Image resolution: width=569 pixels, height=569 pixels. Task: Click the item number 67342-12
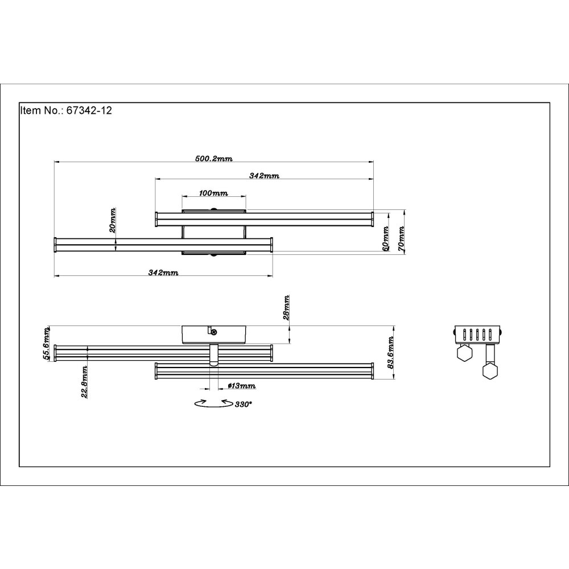click(89, 110)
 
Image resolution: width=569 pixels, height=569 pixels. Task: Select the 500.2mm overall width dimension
click(214, 158)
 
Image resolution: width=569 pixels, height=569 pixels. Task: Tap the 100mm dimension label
click(213, 193)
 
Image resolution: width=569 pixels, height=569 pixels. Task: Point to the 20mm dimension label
click(113, 220)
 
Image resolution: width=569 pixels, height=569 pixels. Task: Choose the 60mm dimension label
click(385, 238)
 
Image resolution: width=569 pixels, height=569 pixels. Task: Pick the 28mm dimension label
click(286, 308)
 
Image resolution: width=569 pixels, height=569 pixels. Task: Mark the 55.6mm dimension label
click(47, 343)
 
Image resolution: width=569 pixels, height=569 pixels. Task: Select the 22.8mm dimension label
click(84, 382)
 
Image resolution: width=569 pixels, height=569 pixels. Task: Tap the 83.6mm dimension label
click(390, 352)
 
